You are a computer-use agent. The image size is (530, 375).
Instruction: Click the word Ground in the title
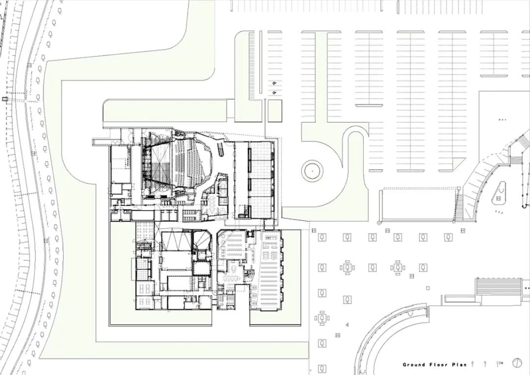pos(414,365)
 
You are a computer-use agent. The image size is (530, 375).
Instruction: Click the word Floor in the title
pos(439,365)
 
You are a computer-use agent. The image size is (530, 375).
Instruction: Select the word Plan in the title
pos(459,365)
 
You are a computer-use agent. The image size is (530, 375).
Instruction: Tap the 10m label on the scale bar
pos(500,363)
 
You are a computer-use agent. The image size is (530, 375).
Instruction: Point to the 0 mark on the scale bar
pos(472,363)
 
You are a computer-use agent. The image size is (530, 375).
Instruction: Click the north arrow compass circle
pos(517,363)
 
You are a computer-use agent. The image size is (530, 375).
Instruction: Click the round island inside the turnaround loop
pos(312,171)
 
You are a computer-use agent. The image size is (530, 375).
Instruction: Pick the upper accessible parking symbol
pos(274,83)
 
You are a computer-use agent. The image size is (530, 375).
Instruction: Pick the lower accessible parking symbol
pos(274,93)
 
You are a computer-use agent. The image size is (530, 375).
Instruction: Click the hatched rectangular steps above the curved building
pos(499,287)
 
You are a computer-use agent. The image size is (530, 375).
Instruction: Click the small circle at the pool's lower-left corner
pos(379,223)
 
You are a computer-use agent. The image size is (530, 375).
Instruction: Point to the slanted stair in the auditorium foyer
pos(220,148)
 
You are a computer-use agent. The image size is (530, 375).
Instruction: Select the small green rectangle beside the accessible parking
pos(275,110)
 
